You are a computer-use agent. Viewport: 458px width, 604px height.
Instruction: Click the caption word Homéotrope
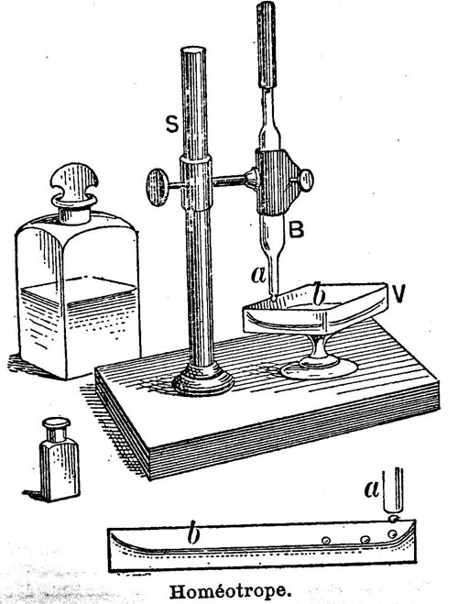pyautogui.click(x=229, y=592)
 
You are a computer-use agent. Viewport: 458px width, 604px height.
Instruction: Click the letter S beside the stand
pyautogui.click(x=172, y=125)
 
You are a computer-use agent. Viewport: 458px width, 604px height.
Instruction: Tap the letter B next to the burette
pyautogui.click(x=297, y=229)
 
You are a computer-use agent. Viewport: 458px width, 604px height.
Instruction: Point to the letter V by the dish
pyautogui.click(x=399, y=295)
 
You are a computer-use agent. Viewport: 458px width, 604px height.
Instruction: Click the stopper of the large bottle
pyautogui.click(x=74, y=192)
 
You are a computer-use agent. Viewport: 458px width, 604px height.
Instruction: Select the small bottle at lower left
pyautogui.click(x=60, y=459)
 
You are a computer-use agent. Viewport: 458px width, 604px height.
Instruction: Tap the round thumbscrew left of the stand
pyautogui.click(x=157, y=187)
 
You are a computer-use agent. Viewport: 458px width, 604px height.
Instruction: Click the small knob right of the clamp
pyautogui.click(x=307, y=181)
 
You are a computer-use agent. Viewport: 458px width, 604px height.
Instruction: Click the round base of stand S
pyautogui.click(x=203, y=380)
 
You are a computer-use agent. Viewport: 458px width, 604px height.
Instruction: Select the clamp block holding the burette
pyautogui.click(x=277, y=182)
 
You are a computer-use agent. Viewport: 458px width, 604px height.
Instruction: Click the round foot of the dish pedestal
pyautogui.click(x=319, y=369)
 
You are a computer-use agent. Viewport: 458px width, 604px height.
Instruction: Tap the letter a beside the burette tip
pyautogui.click(x=258, y=275)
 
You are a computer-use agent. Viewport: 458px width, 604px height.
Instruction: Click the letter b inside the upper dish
pyautogui.click(x=319, y=295)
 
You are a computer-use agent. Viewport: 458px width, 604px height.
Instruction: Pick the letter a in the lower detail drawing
pyautogui.click(x=371, y=489)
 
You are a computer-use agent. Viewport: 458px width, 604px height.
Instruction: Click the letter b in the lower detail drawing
pyautogui.click(x=193, y=534)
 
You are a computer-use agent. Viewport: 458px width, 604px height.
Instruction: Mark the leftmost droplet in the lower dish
pyautogui.click(x=326, y=540)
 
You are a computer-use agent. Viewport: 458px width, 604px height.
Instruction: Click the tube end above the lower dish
pyautogui.click(x=393, y=510)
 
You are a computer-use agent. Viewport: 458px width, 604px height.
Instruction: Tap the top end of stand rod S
pyautogui.click(x=193, y=51)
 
